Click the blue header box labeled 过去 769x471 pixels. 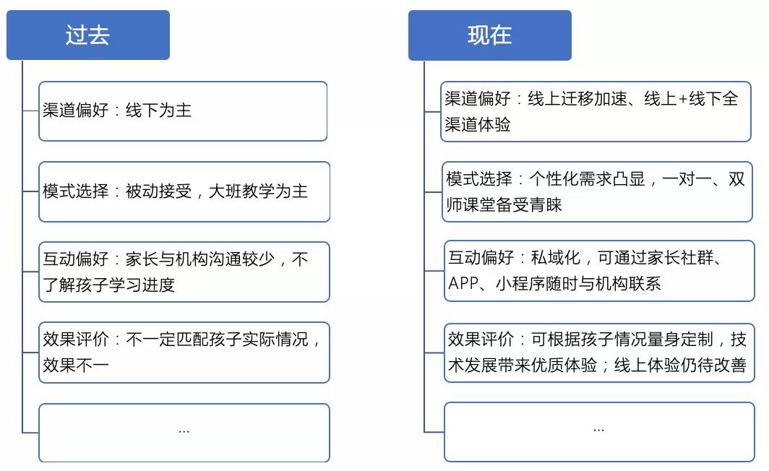[88, 35]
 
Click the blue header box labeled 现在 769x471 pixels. [490, 35]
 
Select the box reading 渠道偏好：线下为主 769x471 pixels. [183, 111]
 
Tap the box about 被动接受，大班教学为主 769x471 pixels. [184, 191]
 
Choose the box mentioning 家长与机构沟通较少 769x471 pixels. [184, 272]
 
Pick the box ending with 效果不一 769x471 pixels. [184, 353]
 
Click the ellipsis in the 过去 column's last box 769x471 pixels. [184, 432]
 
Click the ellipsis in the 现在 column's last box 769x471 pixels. [599, 431]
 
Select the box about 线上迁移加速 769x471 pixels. [596, 112]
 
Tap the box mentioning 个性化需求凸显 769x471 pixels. [597, 191]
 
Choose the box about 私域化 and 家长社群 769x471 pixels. [599, 271]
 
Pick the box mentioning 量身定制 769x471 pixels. [599, 353]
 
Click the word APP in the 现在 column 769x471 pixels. [463, 283]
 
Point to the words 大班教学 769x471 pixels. [242, 191]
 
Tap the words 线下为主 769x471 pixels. [158, 111]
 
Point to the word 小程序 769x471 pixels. [520, 283]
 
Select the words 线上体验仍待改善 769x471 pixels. [680, 365]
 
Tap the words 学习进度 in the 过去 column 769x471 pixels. [142, 285]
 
